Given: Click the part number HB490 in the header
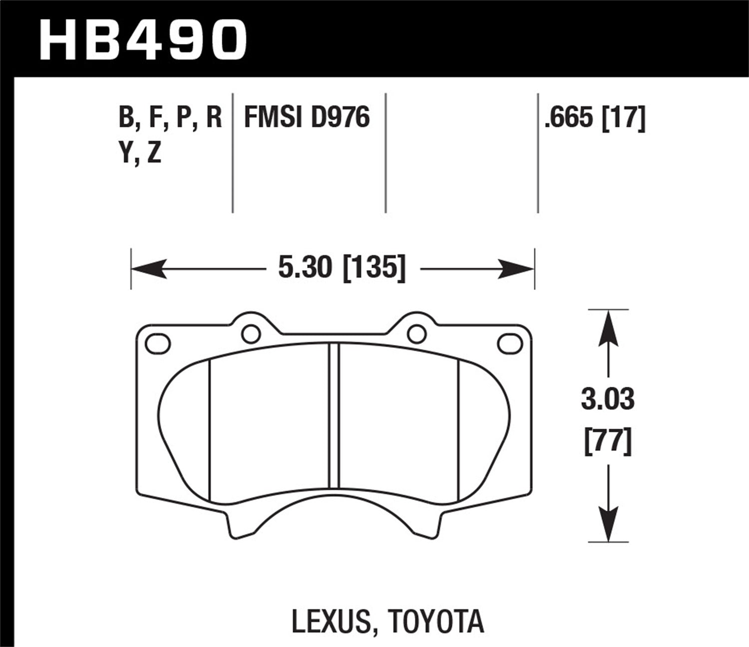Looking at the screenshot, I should (x=143, y=38).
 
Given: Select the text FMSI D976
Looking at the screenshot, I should (x=307, y=118).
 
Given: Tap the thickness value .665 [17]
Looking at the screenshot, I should (x=595, y=118).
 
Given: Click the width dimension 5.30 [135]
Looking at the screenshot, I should (x=342, y=269).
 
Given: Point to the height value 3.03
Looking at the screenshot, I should (x=608, y=400).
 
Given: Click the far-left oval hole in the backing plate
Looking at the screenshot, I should (x=158, y=344).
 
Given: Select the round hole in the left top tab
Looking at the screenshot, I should (x=250, y=334).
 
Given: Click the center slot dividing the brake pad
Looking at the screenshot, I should (x=334, y=415).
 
